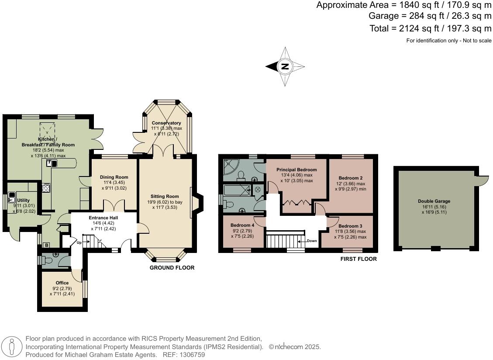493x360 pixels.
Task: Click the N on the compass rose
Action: pyautogui.click(x=285, y=67)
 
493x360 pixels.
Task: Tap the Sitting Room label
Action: pyautogui.click(x=165, y=196)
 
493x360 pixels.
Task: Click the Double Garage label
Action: pyautogui.click(x=434, y=201)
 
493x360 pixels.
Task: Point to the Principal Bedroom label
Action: pyautogui.click(x=296, y=170)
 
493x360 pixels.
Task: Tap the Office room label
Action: pyautogui.click(x=62, y=283)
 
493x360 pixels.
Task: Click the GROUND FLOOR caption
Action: pyautogui.click(x=172, y=268)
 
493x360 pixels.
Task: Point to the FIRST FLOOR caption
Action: pyautogui.click(x=358, y=259)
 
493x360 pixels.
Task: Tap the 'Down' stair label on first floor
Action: pyautogui.click(x=312, y=241)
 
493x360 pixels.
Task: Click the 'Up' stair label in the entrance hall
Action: pyautogui.click(x=79, y=242)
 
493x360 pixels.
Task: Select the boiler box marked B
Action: pyautogui.click(x=46, y=246)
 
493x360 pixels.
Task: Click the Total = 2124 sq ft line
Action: pyautogui.click(x=430, y=29)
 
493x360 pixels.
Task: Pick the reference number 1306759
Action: pyautogui.click(x=190, y=355)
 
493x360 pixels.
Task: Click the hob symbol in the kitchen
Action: pyautogui.click(x=46, y=188)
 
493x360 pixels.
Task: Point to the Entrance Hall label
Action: pyautogui.click(x=103, y=218)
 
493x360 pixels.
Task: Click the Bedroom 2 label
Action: pyautogui.click(x=350, y=178)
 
